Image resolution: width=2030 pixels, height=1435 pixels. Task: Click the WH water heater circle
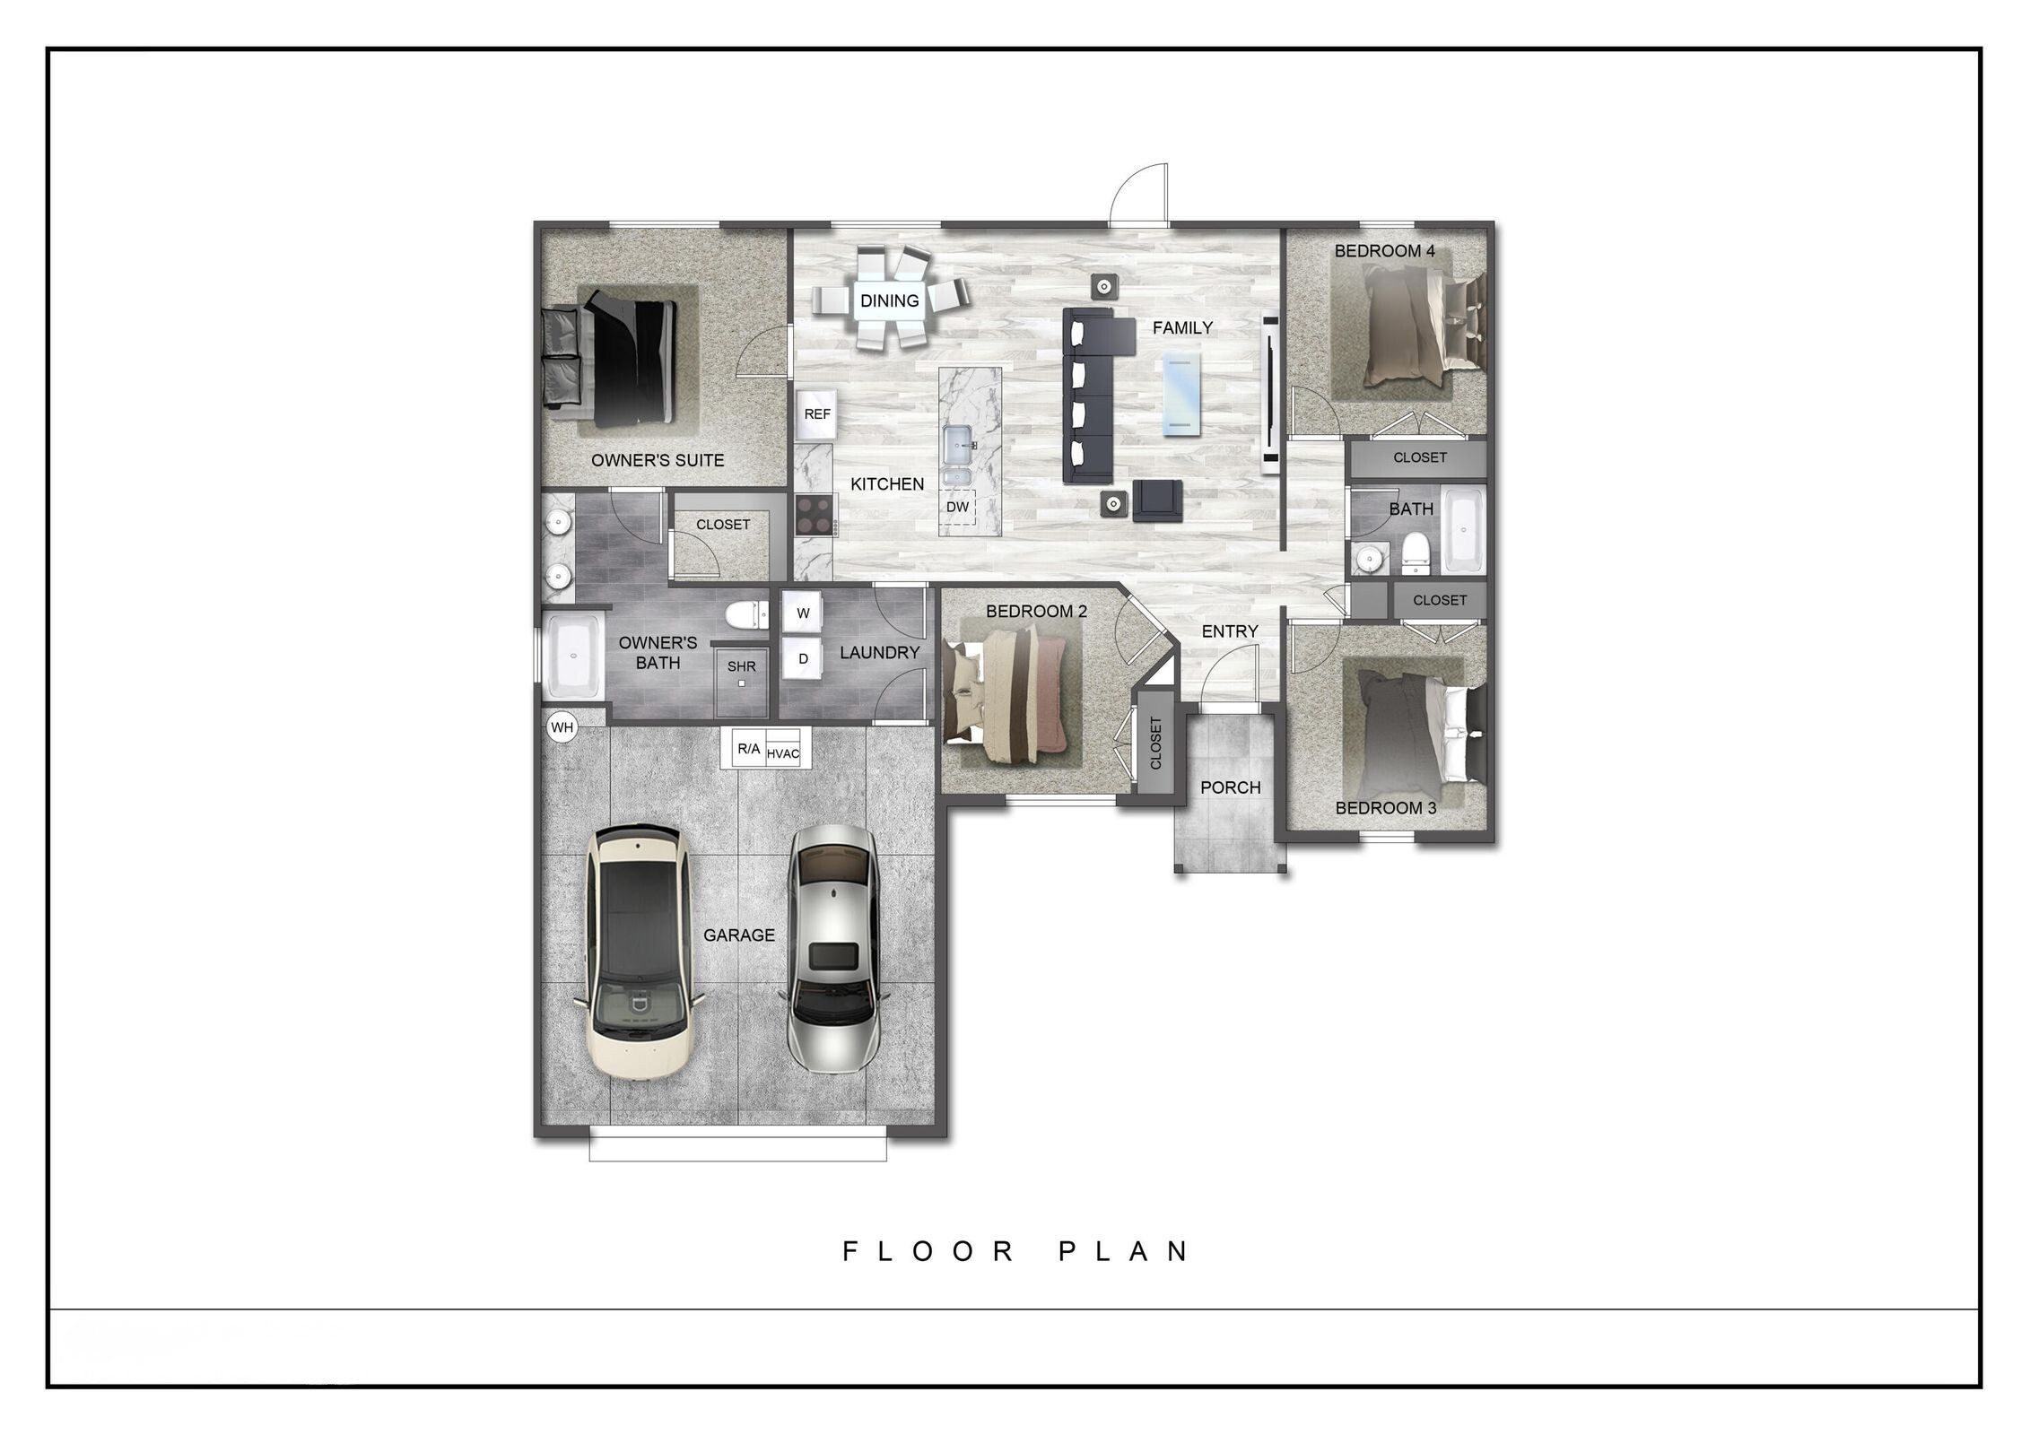[x=562, y=727]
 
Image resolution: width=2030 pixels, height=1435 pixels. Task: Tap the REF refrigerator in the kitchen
[x=816, y=414]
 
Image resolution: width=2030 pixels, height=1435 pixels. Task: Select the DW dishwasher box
[x=958, y=507]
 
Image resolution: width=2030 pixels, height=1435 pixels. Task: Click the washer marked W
[x=803, y=613]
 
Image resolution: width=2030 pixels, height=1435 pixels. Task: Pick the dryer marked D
[x=803, y=659]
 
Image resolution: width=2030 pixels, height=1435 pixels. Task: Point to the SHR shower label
[x=742, y=666]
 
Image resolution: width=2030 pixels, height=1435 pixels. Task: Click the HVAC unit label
[x=783, y=753]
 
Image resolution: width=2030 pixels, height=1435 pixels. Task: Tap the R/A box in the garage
[x=748, y=749]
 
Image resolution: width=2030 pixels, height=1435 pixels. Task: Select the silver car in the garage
[x=832, y=948]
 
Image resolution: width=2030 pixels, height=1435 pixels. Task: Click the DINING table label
[x=889, y=300]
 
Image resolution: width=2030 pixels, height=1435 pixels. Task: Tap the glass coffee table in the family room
[x=1181, y=394]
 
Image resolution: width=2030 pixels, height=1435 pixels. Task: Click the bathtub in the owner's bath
[x=572, y=656]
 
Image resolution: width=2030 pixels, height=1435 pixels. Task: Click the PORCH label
[x=1230, y=787]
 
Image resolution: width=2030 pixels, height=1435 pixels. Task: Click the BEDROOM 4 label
[x=1384, y=251]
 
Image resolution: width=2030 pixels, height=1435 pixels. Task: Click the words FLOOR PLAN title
[x=1016, y=1251]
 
